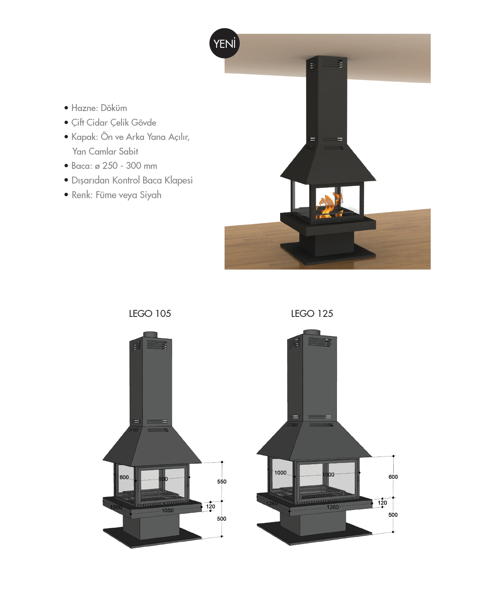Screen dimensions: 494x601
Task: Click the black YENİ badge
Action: [225, 43]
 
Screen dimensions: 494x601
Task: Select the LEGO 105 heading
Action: [150, 313]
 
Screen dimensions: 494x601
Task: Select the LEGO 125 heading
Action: [312, 313]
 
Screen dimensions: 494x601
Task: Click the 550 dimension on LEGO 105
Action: [222, 481]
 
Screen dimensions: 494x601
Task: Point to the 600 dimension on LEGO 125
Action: [393, 477]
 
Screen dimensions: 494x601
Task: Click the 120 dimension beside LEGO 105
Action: [210, 507]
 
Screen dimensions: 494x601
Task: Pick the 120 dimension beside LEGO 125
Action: [382, 503]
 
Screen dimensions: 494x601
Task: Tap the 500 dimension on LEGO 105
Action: [222, 519]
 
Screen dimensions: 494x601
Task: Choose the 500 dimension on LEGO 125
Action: [393, 515]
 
